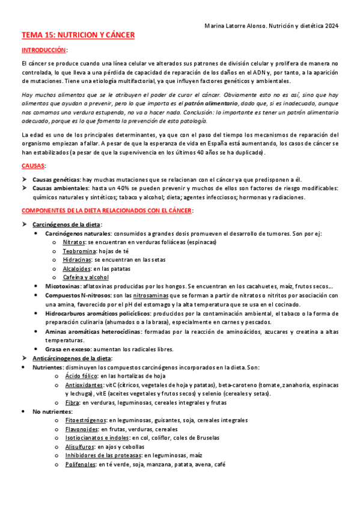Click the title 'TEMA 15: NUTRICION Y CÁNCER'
[78, 35]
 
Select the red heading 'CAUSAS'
[33, 165]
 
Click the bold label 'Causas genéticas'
[56, 180]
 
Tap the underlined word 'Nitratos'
[74, 242]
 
